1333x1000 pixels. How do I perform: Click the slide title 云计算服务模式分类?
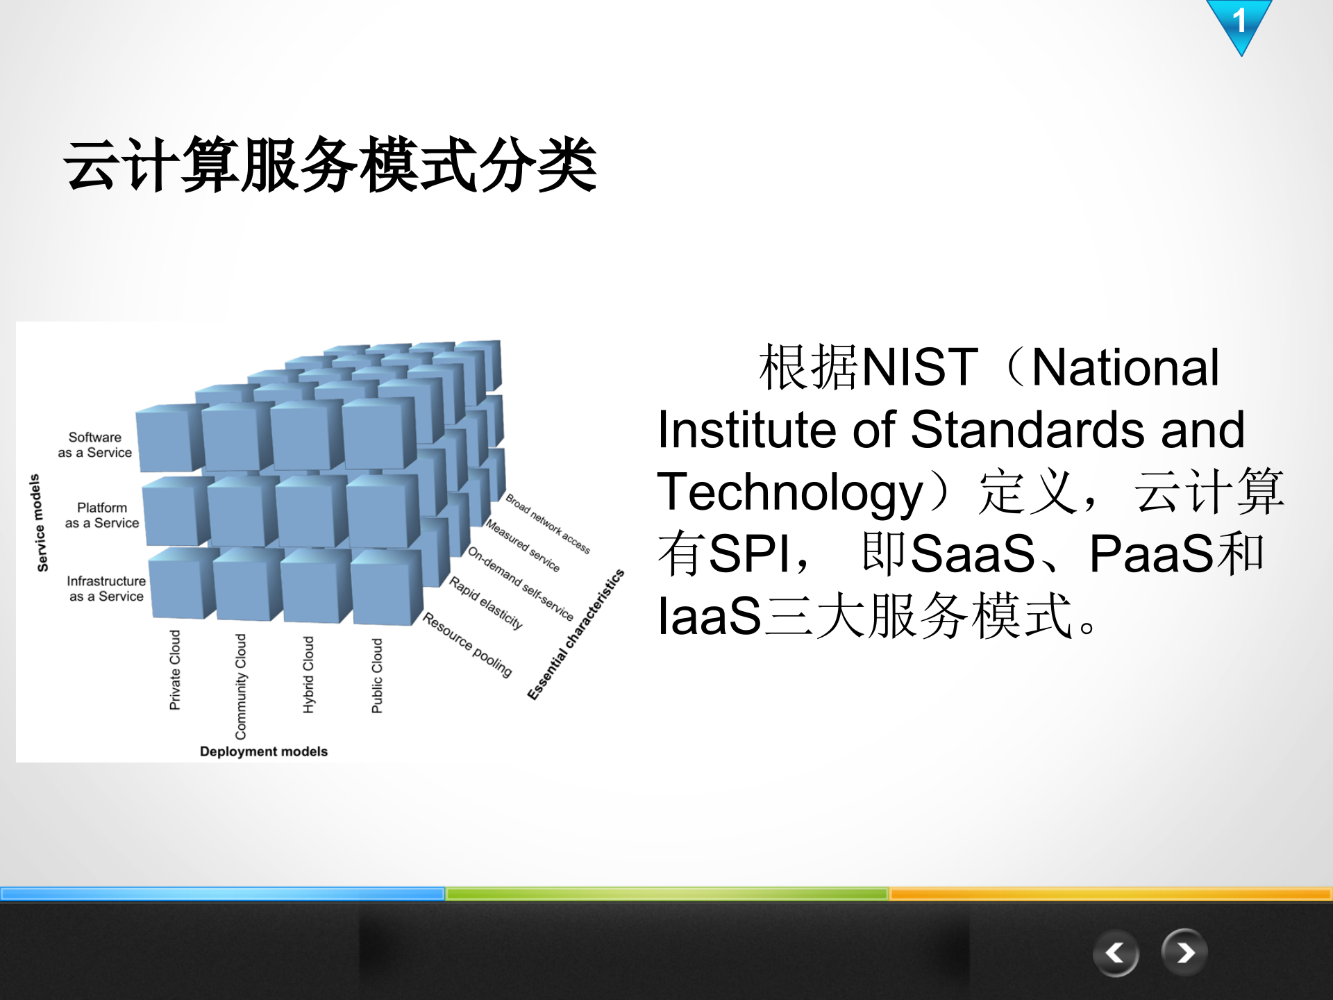coord(330,165)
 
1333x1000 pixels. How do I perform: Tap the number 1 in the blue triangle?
coord(1239,21)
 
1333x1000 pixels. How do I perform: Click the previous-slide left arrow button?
coord(1115,953)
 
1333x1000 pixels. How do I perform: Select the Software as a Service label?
coord(95,445)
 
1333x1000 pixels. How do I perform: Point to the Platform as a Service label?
coord(102,515)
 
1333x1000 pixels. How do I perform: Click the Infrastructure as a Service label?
coord(106,588)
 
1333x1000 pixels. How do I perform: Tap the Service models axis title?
coord(39,523)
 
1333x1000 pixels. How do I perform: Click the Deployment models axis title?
coord(263,751)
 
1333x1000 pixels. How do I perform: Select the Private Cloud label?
coord(175,670)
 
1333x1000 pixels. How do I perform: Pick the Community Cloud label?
coord(241,686)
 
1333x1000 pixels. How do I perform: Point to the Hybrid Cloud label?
coord(308,674)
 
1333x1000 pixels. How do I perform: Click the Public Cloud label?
coord(377,676)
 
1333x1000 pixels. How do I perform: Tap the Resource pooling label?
coord(467,645)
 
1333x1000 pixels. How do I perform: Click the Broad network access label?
coord(547,524)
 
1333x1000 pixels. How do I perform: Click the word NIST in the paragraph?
coord(919,367)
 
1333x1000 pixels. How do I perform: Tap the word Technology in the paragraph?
coord(790,492)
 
